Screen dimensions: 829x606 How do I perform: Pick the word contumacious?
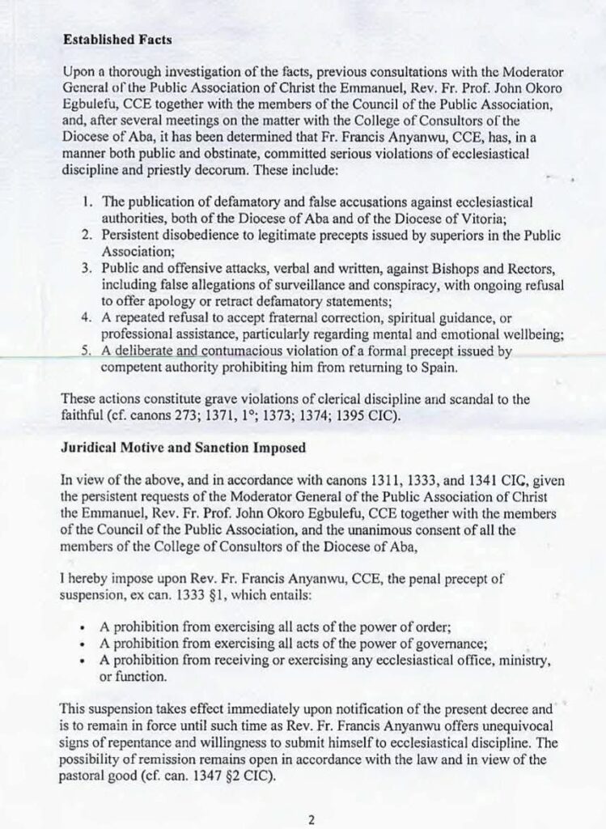(x=265, y=351)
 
